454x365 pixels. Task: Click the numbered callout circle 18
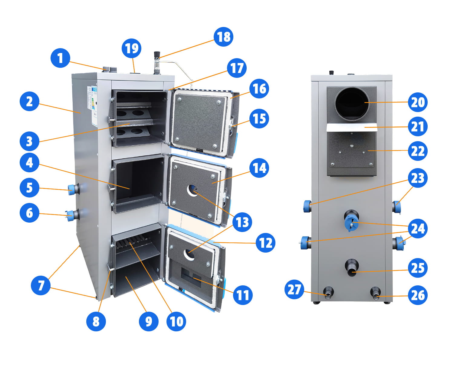(x=224, y=37)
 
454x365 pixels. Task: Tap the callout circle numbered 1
(x=60, y=58)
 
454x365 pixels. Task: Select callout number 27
(x=294, y=289)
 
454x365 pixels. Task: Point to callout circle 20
(x=418, y=102)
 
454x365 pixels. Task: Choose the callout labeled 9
(x=149, y=321)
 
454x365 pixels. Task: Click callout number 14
(x=259, y=168)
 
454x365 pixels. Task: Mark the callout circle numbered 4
(x=29, y=163)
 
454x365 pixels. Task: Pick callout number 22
(x=418, y=151)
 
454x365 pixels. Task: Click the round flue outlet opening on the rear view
(x=352, y=103)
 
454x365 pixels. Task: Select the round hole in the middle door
(x=192, y=191)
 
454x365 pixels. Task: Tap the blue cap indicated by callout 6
(x=71, y=215)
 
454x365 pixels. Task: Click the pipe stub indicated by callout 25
(x=352, y=267)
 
